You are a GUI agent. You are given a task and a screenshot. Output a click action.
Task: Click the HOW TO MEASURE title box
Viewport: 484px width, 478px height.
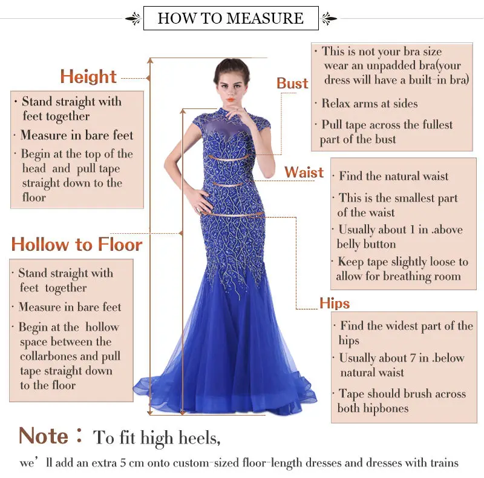(231, 18)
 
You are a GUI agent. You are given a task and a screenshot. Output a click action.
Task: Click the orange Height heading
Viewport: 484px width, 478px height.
(88, 77)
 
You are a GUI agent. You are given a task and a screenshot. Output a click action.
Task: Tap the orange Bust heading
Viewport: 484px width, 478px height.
(292, 84)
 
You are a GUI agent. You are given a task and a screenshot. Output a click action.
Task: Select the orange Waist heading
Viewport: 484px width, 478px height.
(304, 173)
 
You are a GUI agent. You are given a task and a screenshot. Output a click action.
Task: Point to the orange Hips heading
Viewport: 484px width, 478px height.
(335, 304)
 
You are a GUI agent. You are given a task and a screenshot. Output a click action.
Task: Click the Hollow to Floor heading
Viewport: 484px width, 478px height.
(77, 245)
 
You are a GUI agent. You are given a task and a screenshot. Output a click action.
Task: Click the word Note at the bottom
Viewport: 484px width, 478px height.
(44, 436)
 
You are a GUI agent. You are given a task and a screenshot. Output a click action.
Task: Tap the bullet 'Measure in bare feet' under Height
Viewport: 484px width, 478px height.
(77, 135)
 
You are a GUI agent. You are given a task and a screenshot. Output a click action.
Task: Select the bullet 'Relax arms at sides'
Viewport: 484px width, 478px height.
(369, 104)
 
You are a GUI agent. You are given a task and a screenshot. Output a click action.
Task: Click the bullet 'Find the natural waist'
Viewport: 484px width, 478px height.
(393, 177)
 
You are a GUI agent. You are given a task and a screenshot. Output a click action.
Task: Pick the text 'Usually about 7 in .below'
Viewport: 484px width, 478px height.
(401, 358)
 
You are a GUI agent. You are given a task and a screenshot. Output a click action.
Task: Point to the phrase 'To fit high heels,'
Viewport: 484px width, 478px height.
(157, 437)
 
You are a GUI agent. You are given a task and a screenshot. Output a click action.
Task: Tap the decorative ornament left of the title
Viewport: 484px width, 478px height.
(132, 18)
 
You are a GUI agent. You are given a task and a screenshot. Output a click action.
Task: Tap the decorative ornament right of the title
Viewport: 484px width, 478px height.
(330, 18)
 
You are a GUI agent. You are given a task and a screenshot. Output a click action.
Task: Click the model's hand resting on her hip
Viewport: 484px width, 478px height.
(199, 205)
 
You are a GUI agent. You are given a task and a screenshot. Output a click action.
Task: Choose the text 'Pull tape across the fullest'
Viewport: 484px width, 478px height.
(387, 125)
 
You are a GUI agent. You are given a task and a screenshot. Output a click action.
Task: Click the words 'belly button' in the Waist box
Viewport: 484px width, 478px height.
(366, 245)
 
